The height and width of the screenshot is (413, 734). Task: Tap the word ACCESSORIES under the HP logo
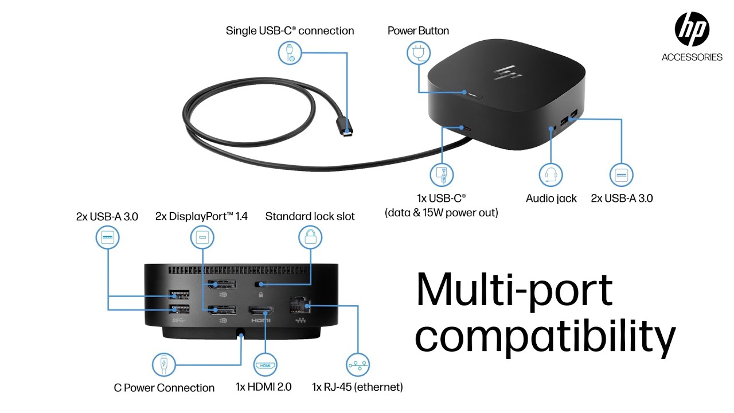click(692, 57)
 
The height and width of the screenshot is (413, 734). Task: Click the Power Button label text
click(418, 30)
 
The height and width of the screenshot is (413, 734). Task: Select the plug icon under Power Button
click(418, 53)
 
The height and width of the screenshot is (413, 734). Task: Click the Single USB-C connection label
click(290, 30)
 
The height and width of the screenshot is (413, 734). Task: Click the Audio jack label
click(551, 198)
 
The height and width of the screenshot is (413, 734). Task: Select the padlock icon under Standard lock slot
click(310, 236)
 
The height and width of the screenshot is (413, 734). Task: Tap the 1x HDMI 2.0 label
click(264, 387)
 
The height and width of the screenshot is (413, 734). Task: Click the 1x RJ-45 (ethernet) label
click(357, 387)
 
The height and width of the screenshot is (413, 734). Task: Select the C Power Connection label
click(164, 388)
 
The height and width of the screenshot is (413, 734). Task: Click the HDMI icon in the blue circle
click(264, 365)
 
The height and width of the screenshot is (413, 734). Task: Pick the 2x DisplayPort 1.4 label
click(201, 216)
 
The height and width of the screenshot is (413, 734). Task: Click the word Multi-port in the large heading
click(514, 290)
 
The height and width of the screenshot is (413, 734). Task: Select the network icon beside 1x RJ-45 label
click(358, 365)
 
